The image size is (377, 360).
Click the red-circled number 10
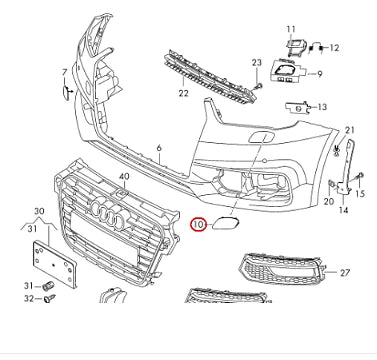(x=198, y=225)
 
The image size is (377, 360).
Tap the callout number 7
(x=65, y=73)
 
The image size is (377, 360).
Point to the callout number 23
(x=256, y=63)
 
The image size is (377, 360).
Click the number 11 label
(x=292, y=30)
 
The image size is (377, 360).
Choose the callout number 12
(x=334, y=47)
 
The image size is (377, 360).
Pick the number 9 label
(x=320, y=74)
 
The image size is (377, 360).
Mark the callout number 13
(x=322, y=107)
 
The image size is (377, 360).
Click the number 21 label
(x=350, y=131)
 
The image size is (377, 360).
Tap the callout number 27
(x=345, y=272)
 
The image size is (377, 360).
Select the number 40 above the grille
(x=124, y=176)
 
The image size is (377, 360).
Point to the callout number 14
(x=343, y=211)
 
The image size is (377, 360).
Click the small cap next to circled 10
(x=224, y=226)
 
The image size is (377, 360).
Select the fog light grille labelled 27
(x=282, y=270)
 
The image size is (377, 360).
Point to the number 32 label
(x=29, y=298)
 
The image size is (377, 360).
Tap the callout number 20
(x=327, y=201)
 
